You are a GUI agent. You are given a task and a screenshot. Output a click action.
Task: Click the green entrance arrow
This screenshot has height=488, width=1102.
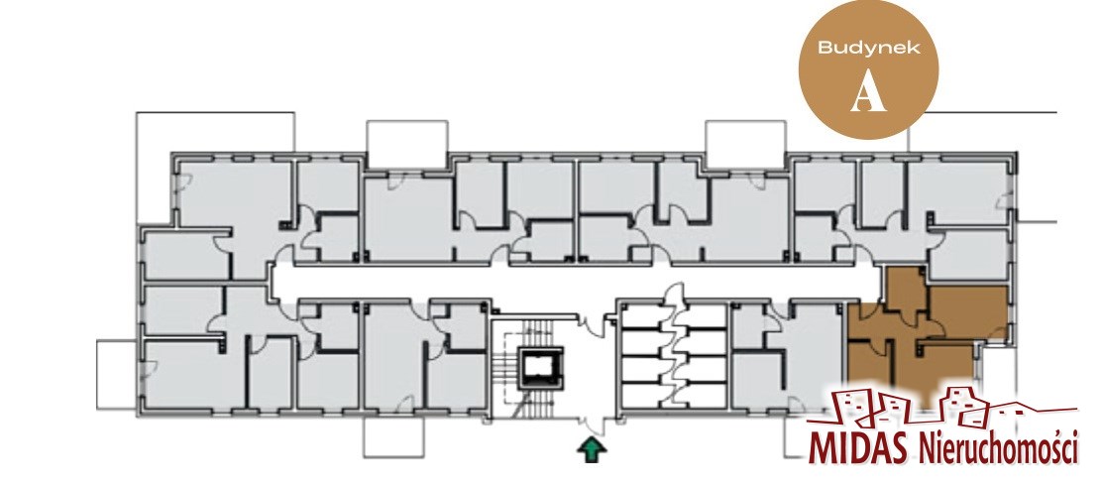(x=592, y=450)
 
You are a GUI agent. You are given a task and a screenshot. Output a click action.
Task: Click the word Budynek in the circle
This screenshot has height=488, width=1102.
(x=869, y=48)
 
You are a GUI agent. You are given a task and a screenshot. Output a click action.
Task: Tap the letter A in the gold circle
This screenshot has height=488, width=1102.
(x=868, y=93)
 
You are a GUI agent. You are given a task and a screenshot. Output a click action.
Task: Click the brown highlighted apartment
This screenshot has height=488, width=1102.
(x=928, y=336)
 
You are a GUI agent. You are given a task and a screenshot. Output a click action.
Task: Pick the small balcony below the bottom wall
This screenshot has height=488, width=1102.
(x=393, y=436)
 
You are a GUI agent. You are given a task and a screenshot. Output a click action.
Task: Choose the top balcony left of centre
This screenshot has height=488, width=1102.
(x=407, y=143)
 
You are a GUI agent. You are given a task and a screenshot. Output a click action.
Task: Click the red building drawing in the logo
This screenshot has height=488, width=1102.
(x=941, y=408)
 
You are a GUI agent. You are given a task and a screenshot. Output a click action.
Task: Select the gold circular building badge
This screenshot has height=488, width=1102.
(x=869, y=68)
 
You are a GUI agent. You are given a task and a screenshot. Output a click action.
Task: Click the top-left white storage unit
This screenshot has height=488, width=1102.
(x=644, y=315)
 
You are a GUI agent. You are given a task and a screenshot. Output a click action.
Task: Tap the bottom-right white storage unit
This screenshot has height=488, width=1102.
(x=704, y=395)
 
